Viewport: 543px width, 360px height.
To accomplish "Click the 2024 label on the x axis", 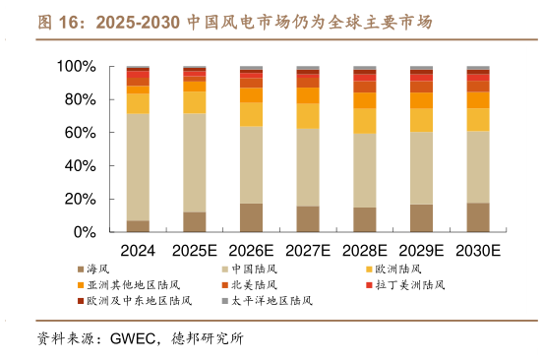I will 138,251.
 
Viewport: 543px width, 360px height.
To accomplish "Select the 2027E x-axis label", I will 308,251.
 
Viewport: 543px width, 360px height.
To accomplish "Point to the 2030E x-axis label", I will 478,251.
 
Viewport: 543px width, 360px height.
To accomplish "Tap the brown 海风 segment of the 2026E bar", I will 251,217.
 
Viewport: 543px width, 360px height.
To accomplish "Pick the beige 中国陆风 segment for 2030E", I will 478,166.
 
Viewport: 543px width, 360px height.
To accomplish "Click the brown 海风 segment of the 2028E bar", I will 365,219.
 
